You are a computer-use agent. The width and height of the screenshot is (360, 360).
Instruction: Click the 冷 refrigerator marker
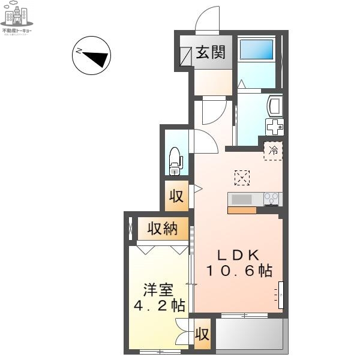273,151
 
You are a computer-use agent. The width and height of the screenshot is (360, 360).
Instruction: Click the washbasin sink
275,107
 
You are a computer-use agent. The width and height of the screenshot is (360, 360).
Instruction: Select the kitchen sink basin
242,199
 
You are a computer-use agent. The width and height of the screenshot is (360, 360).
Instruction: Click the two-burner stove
272,199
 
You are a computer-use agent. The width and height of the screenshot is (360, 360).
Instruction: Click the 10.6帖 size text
239,271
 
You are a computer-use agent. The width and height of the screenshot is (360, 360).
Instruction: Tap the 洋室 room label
158,290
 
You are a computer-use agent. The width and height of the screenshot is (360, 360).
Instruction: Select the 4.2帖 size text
158,305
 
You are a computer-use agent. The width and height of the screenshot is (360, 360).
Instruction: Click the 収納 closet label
162,229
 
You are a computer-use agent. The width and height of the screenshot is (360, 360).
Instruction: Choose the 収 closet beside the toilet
176,196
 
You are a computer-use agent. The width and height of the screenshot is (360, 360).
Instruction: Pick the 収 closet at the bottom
202,334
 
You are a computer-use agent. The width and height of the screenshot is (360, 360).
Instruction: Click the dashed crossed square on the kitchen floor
242,178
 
